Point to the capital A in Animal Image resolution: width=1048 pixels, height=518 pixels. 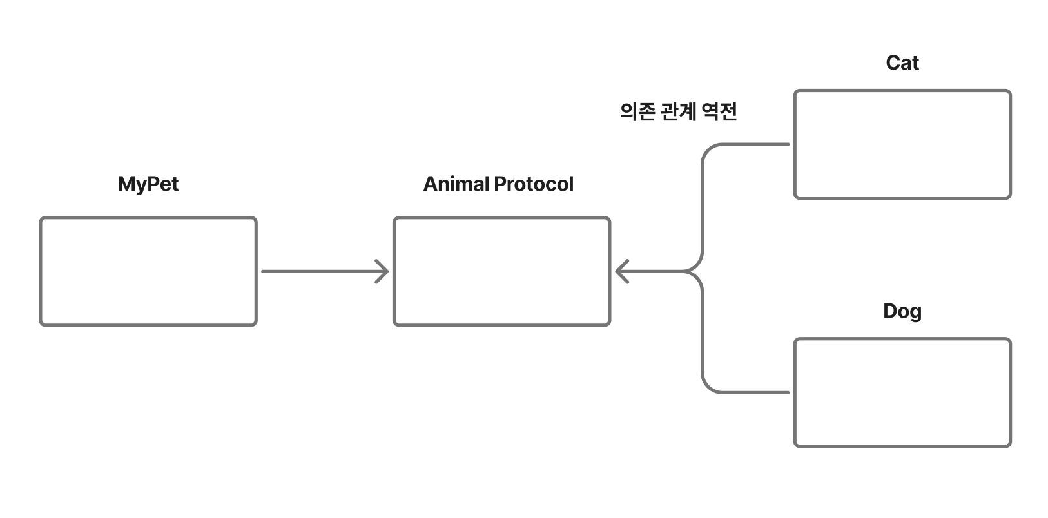click(x=431, y=184)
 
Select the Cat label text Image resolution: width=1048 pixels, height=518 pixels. click(x=902, y=63)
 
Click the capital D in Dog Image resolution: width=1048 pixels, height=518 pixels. click(x=890, y=311)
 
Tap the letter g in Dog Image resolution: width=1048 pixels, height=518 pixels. click(x=915, y=313)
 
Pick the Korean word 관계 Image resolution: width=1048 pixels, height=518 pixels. click(x=679, y=112)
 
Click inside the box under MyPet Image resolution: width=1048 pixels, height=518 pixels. click(x=148, y=271)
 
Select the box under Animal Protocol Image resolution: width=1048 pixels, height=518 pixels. click(x=501, y=271)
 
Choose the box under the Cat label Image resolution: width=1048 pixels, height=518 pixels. click(x=902, y=144)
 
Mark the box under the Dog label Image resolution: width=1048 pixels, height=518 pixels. click(x=902, y=392)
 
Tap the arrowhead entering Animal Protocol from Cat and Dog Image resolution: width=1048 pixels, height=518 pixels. click(x=621, y=271)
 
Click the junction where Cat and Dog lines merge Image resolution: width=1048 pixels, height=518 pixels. click(x=699, y=271)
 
